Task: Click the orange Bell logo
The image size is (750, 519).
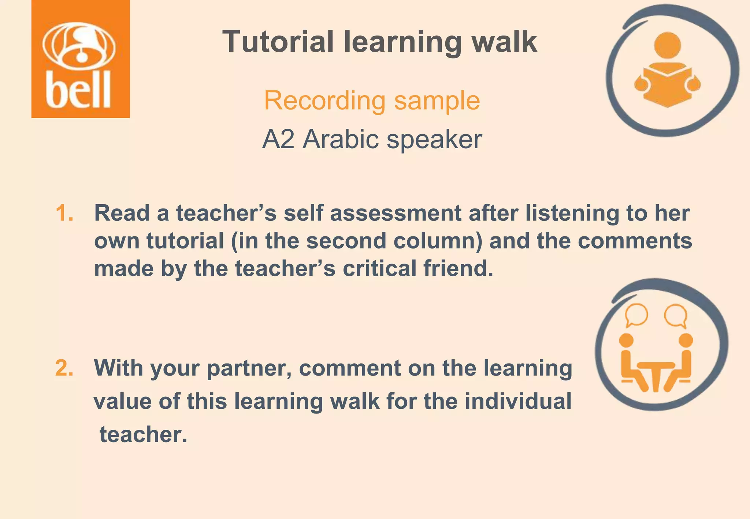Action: click(81, 59)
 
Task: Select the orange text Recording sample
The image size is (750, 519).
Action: click(372, 100)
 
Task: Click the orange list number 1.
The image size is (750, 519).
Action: click(64, 213)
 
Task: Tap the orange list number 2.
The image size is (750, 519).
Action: click(64, 368)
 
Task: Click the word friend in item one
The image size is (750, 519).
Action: click(458, 268)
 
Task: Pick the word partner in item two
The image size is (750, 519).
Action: click(249, 368)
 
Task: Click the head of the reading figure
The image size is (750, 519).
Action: click(667, 45)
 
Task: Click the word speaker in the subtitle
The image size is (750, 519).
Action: click(434, 139)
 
